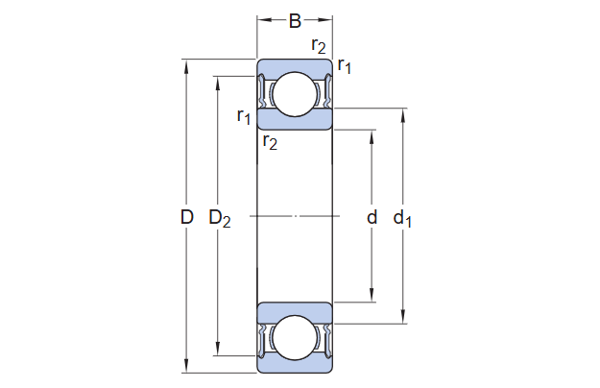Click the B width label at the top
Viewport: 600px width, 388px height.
pyautogui.click(x=295, y=21)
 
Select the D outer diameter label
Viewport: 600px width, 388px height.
pyautogui.click(x=187, y=218)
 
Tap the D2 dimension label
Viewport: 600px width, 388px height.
pyautogui.click(x=220, y=219)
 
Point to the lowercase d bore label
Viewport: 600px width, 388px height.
pyautogui.click(x=372, y=217)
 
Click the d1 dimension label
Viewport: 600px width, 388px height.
pyautogui.click(x=403, y=219)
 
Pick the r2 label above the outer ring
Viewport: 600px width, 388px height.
pyautogui.click(x=319, y=45)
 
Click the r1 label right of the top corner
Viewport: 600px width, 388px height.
pyautogui.click(x=345, y=66)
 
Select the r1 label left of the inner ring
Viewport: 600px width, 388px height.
pyautogui.click(x=244, y=117)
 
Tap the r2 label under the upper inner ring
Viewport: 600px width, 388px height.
pyautogui.click(x=270, y=143)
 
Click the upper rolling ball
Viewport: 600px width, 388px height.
pyautogui.click(x=295, y=94)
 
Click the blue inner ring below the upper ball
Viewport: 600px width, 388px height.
pyautogui.click(x=295, y=120)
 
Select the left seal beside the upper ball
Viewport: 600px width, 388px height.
pyautogui.click(x=264, y=93)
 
